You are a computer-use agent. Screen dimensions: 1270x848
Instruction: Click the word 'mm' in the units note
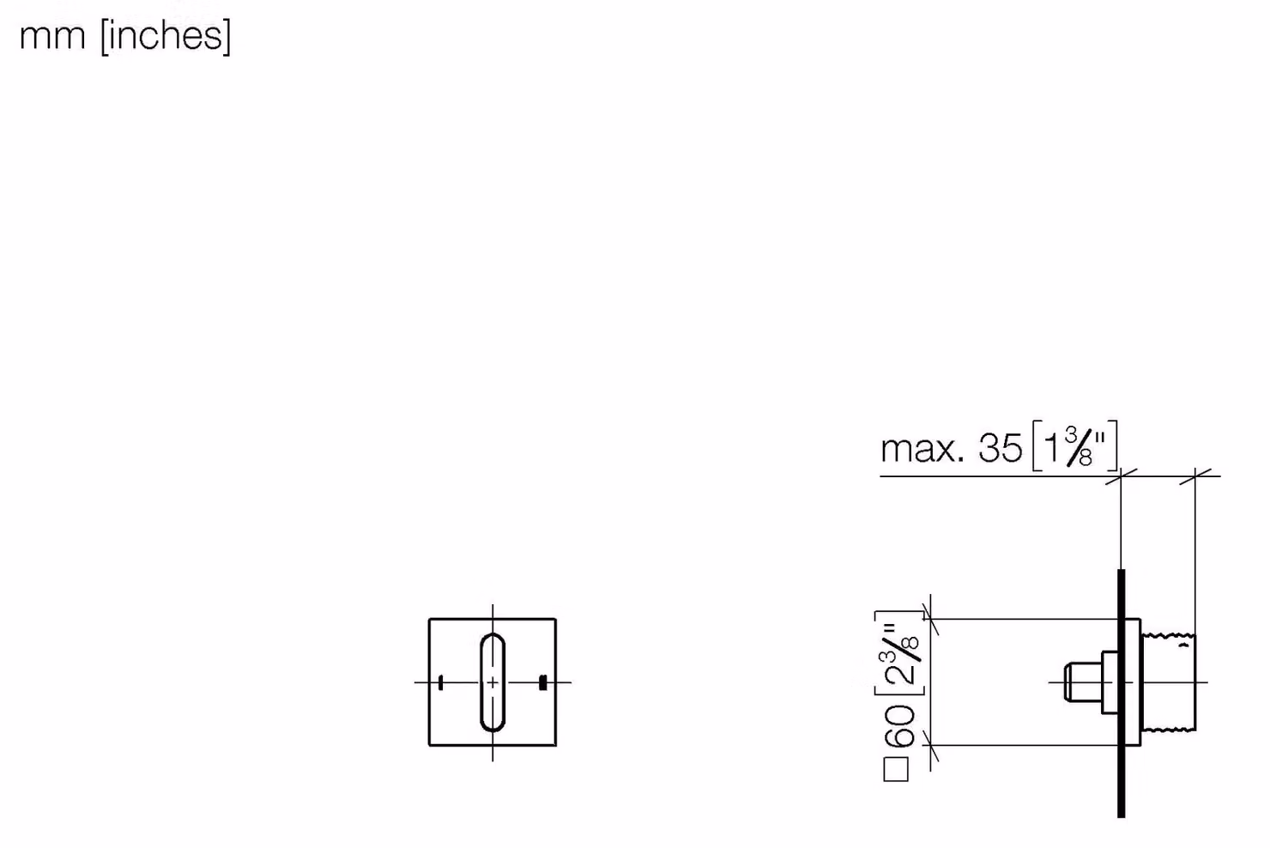pyautogui.click(x=52, y=37)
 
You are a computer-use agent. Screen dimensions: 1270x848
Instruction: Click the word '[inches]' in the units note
pyautogui.click(x=166, y=37)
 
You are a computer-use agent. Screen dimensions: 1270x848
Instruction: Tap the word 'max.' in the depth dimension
pyautogui.click(x=922, y=449)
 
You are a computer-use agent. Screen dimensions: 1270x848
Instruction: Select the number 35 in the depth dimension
pyautogui.click(x=1001, y=448)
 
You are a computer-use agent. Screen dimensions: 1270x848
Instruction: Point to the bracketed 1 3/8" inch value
pyautogui.click(x=1075, y=446)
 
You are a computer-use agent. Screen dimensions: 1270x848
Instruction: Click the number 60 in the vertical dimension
pyautogui.click(x=900, y=726)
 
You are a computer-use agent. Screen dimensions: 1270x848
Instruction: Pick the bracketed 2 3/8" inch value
pyautogui.click(x=900, y=654)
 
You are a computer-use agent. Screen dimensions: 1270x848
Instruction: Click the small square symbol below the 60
pyautogui.click(x=896, y=770)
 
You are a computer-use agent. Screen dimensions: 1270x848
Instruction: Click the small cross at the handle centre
pyautogui.click(x=493, y=682)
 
